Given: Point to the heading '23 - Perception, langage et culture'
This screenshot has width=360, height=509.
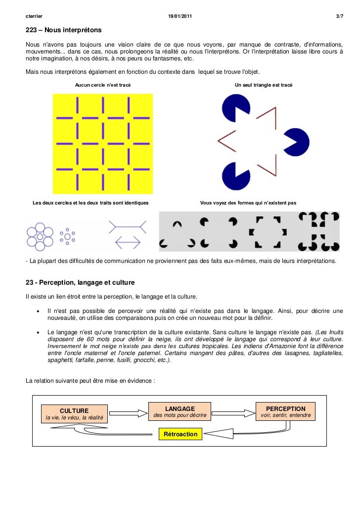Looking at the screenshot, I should pos(80,283).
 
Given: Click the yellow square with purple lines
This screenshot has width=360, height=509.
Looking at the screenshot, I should pos(103,144).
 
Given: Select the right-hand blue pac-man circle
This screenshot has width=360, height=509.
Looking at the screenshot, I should pos(298,143).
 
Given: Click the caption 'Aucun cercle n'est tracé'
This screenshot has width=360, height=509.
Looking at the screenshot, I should pos(103,85).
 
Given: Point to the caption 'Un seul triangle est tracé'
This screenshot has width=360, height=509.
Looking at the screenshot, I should pos(264,85).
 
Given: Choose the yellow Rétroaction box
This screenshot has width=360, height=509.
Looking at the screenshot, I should pos(180,434).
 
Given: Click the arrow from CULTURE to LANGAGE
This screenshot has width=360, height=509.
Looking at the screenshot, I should pos(128,412).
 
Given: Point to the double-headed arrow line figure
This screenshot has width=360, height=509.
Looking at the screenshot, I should pos(128,242).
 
